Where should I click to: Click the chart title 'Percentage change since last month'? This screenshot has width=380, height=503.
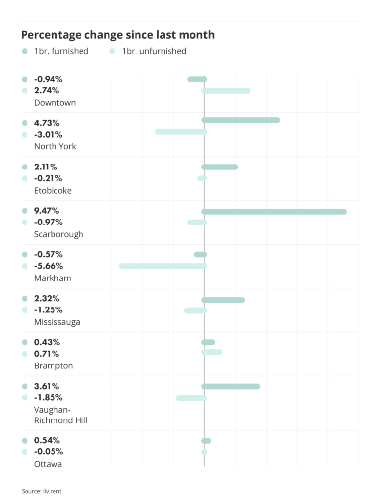click(117, 35)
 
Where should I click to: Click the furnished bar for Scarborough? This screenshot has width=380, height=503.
click(274, 212)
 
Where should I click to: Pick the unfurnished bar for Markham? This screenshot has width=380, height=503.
click(163, 266)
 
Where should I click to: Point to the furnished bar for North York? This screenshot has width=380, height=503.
click(241, 120)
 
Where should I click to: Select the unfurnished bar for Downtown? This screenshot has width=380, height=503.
click(226, 91)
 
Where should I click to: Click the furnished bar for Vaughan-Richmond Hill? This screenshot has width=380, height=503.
click(231, 387)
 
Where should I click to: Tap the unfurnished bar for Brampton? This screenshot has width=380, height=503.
click(212, 352)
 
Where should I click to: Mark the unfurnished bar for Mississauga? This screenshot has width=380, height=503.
click(195, 311)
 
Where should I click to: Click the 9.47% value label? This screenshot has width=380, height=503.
click(48, 211)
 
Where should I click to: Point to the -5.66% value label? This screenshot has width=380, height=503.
click(49, 266)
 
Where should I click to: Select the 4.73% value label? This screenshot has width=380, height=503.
click(48, 123)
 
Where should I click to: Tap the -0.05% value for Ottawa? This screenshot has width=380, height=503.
click(49, 452)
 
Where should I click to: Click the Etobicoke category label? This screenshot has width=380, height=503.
click(53, 191)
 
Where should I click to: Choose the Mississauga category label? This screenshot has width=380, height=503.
click(57, 322)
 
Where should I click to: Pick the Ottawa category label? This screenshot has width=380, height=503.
click(48, 464)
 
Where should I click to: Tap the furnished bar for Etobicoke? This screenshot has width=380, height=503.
click(219, 167)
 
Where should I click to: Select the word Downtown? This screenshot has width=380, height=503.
click(55, 103)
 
